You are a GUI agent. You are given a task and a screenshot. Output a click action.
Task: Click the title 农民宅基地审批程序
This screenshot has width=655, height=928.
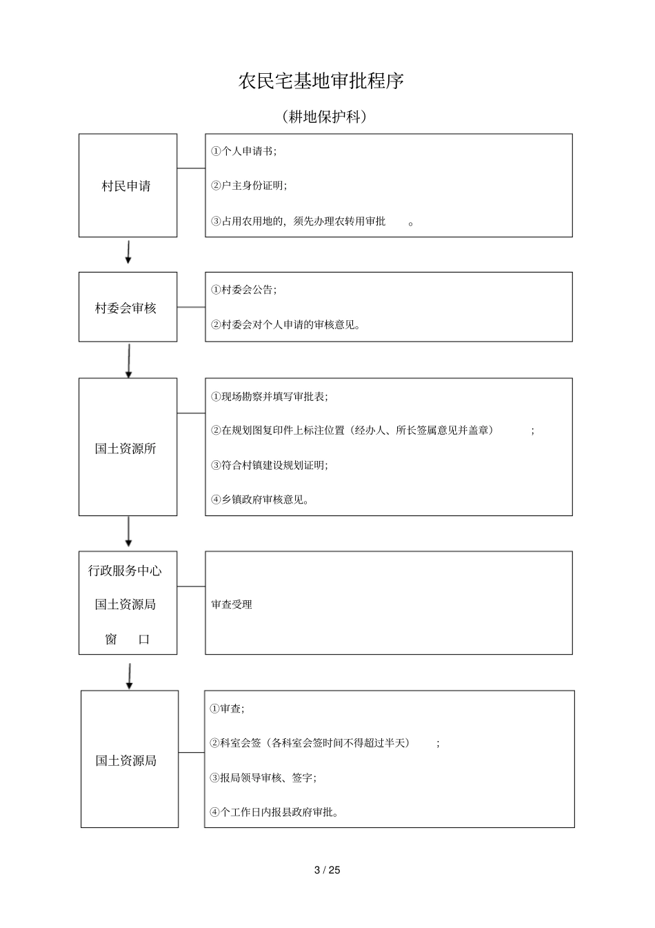(321, 81)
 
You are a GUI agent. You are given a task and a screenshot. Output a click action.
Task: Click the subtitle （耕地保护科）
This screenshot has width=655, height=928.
(324, 117)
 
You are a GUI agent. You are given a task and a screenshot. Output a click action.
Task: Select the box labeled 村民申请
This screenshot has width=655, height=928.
(128, 186)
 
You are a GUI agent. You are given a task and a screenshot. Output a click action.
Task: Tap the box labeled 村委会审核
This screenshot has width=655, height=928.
(128, 307)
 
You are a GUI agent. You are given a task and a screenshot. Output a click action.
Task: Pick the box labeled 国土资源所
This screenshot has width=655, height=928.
(128, 447)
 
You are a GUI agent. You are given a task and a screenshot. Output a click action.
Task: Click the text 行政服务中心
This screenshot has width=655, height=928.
(125, 571)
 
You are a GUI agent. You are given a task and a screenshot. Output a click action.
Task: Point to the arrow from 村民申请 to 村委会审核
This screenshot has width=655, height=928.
(128, 253)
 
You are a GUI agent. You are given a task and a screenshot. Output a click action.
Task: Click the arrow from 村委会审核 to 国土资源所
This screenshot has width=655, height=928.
(129, 360)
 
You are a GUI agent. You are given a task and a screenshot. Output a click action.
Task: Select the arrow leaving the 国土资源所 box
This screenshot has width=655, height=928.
(129, 532)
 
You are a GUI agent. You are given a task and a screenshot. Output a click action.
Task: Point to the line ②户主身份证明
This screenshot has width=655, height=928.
(249, 186)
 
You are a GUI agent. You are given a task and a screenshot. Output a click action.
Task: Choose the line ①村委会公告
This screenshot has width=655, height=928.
(244, 290)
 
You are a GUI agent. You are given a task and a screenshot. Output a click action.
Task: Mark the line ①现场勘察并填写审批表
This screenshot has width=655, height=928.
(270, 397)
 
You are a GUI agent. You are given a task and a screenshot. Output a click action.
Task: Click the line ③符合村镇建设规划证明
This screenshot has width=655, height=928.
(270, 465)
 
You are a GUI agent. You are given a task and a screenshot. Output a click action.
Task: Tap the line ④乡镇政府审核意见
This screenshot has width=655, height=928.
(260, 500)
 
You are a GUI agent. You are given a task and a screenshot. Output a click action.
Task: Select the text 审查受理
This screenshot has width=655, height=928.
(232, 604)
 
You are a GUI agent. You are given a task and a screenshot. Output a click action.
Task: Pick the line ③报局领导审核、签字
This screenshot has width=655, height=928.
(263, 778)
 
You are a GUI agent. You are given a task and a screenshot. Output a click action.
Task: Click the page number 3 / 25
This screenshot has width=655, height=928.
(327, 870)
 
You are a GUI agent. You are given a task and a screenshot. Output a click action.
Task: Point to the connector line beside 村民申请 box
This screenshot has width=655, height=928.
(191, 168)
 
